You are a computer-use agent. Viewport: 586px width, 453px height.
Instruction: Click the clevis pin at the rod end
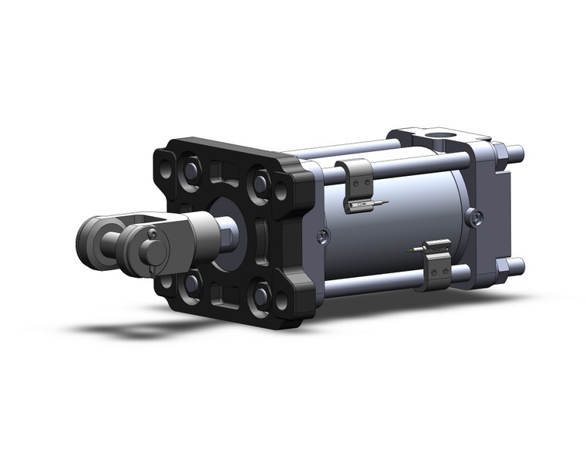click(153, 251)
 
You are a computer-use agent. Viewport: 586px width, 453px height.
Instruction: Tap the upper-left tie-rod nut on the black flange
click(190, 168)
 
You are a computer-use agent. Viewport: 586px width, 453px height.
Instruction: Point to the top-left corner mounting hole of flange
click(165, 170)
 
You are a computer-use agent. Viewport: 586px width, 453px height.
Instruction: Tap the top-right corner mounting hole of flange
click(281, 191)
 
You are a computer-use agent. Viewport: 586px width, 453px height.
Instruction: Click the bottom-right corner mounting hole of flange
click(281, 299)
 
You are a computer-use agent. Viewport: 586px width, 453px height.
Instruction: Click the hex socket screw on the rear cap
click(477, 218)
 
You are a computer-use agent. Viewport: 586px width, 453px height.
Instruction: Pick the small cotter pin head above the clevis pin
click(153, 233)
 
